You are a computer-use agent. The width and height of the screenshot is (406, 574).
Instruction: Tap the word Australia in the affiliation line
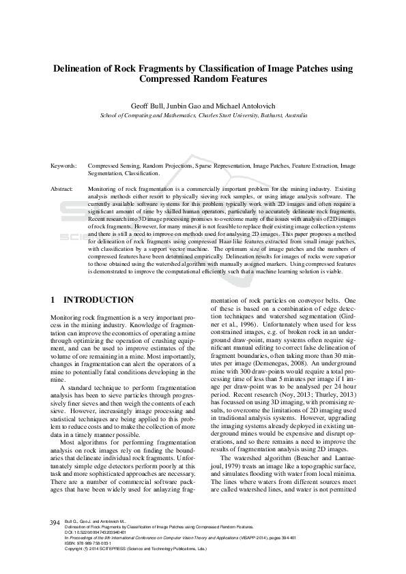tap(291, 116)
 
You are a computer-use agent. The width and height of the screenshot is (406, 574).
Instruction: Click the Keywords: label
tap(63, 166)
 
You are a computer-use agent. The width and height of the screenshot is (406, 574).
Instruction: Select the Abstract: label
tap(62, 187)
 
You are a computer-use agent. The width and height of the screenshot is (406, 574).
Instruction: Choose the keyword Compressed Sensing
tap(113, 166)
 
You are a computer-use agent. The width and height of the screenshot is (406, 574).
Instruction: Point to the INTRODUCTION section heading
tap(98, 300)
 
